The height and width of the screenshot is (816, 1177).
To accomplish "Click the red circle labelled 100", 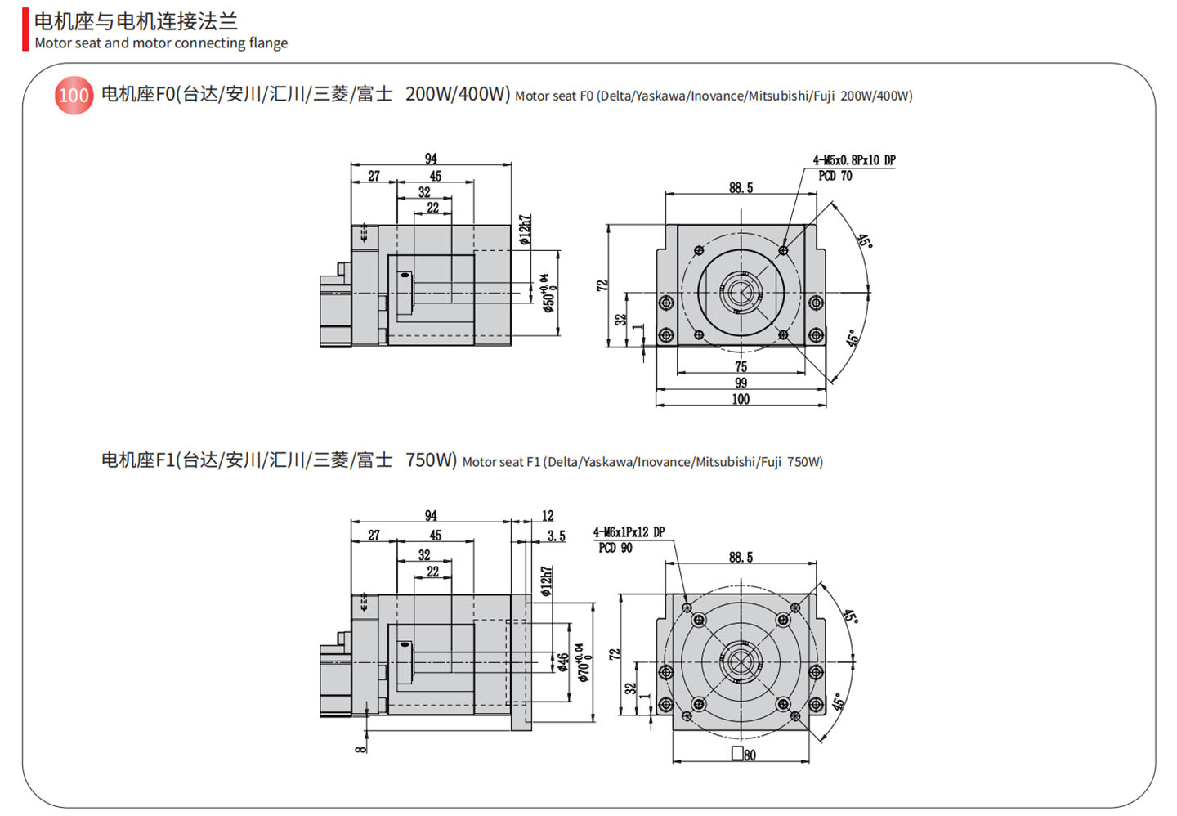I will [74, 96].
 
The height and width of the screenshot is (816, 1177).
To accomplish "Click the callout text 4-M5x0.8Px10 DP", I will [853, 160].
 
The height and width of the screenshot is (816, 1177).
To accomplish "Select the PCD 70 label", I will [835, 176].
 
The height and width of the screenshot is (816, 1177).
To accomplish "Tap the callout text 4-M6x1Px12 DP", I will [629, 532].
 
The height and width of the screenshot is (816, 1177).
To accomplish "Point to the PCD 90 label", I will [615, 548].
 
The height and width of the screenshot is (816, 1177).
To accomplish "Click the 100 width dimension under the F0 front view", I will [741, 399].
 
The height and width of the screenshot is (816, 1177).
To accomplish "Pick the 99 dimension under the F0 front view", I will [741, 383].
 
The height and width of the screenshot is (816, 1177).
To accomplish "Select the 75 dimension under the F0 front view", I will [741, 366].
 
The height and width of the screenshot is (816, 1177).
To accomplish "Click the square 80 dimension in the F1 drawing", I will [744, 755].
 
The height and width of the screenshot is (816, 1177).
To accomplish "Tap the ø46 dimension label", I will [562, 662].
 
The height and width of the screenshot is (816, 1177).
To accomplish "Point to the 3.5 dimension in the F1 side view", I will [556, 536].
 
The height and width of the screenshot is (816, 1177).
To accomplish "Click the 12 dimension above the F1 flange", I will [548, 516].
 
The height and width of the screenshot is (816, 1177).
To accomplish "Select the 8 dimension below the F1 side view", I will [360, 747].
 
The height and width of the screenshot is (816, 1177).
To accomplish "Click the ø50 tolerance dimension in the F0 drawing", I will [548, 292].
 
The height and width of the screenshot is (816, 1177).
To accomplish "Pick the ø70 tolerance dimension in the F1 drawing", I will [582, 662].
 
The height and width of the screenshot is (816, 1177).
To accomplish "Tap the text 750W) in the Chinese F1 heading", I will [431, 460].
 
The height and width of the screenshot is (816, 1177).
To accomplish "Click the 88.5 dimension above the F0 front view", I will [741, 188].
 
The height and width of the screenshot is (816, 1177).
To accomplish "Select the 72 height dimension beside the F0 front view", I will [602, 285].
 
